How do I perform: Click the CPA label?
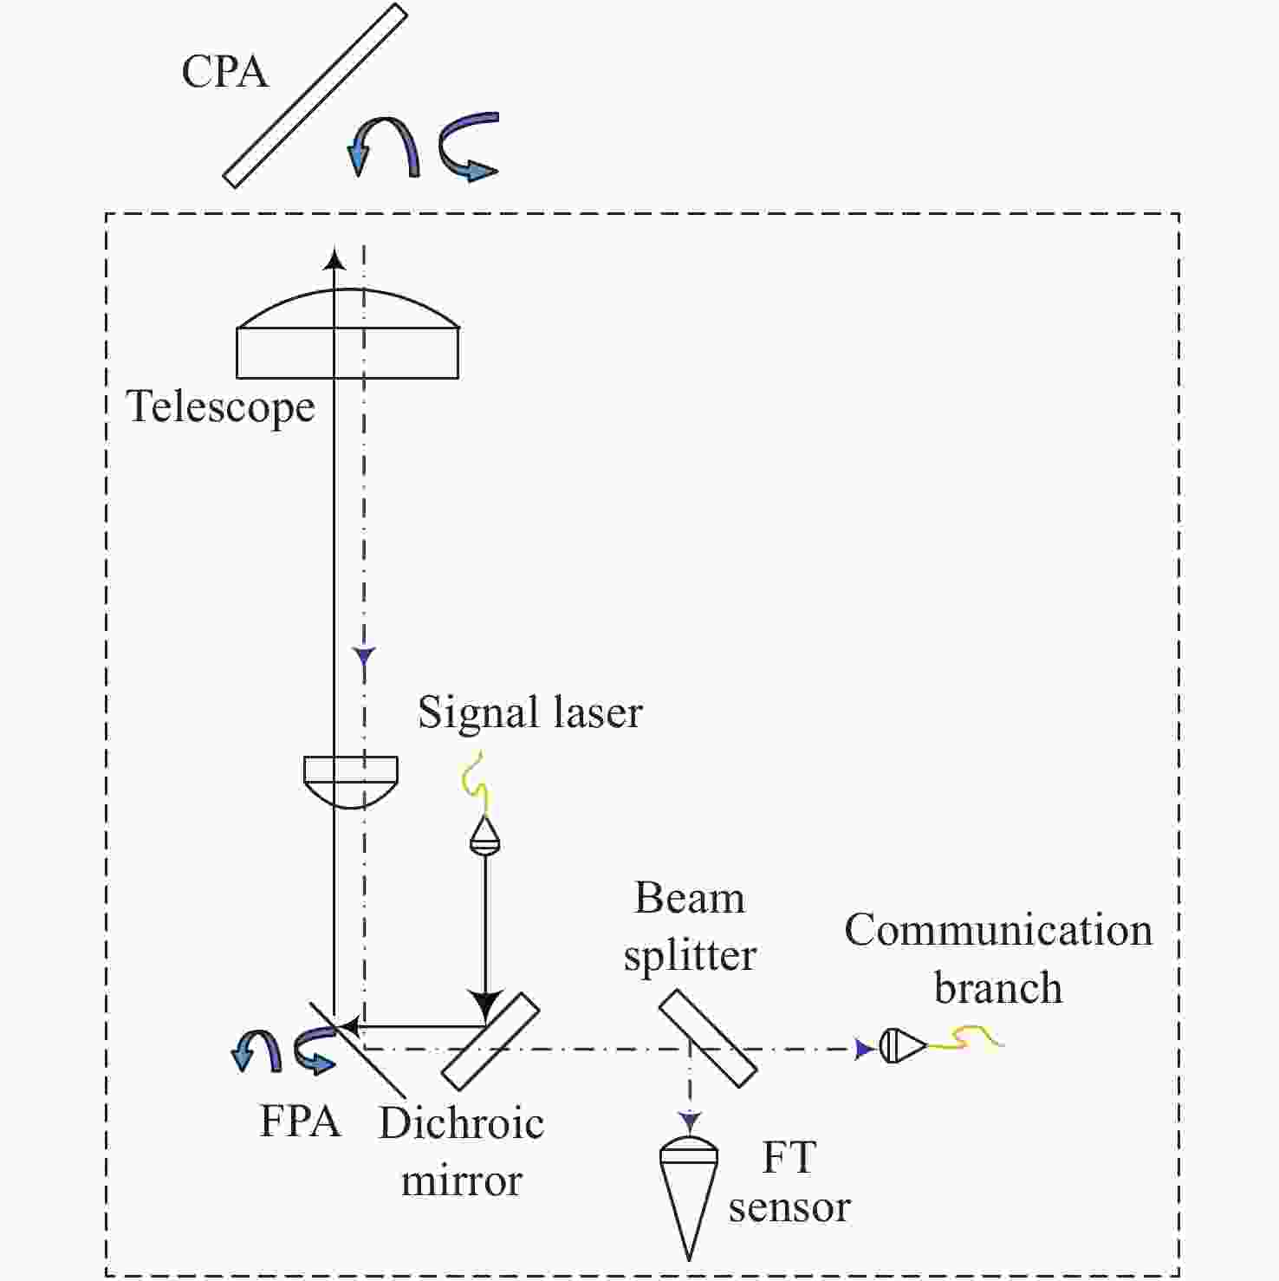(x=224, y=71)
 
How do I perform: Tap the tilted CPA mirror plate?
(x=315, y=95)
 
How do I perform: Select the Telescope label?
(x=220, y=407)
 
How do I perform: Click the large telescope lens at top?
(x=347, y=334)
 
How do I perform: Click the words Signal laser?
(x=530, y=714)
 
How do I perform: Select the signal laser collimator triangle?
(x=485, y=836)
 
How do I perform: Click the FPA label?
(x=300, y=1122)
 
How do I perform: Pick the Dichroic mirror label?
(x=462, y=1152)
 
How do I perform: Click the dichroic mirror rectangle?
(x=490, y=1041)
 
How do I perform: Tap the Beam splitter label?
(x=690, y=927)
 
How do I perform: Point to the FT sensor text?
(x=789, y=1182)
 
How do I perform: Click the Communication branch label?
(x=998, y=959)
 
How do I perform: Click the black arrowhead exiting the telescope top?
(x=334, y=257)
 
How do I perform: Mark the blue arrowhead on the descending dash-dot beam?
(x=365, y=656)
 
